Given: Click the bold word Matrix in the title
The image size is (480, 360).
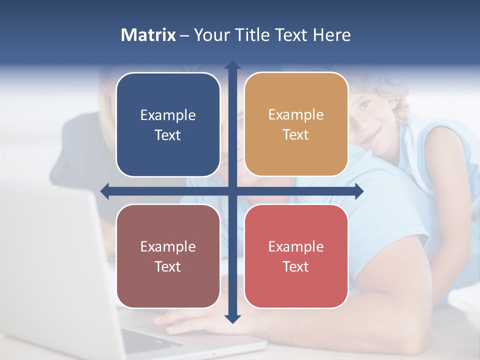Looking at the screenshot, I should [148, 35].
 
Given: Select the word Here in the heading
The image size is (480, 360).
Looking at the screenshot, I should [331, 35].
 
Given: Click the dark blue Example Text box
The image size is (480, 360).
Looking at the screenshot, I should [168, 124].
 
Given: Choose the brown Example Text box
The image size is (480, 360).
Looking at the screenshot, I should [168, 256].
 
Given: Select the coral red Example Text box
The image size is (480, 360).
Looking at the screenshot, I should [296, 256].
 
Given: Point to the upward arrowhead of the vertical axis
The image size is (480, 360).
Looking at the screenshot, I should [232, 65].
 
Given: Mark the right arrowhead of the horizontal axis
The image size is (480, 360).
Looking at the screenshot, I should [359, 191].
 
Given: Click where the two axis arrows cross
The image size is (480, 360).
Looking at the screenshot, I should [232, 191].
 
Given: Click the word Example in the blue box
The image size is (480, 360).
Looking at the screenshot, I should [168, 115].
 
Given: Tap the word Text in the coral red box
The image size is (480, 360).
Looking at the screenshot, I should [296, 266].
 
